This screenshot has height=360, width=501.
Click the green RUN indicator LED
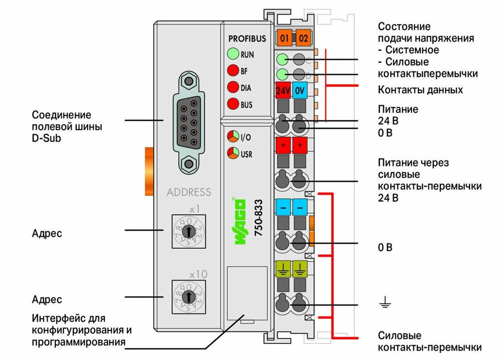click(232, 54)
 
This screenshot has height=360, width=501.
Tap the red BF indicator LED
click(232, 71)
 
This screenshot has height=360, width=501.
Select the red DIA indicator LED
click(232, 87)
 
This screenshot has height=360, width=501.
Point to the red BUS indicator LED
click(232, 104)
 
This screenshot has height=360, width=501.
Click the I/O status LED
click(232, 136)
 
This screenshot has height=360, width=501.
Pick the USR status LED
click(232, 153)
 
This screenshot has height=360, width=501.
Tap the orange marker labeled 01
click(284, 38)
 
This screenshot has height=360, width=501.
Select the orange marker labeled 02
click(303, 38)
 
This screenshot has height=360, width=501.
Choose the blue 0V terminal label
click(300, 91)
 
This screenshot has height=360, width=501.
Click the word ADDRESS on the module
click(189, 192)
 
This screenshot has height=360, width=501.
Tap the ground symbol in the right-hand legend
click(385, 302)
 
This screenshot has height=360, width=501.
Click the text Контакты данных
click(420, 90)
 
